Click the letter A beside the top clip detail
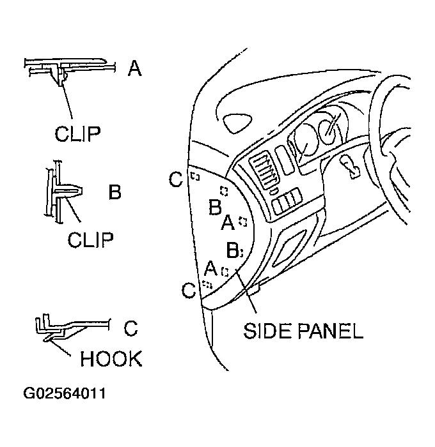point(134,68)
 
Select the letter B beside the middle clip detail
point(115,192)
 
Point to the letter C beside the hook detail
point(130,329)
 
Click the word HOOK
point(111,359)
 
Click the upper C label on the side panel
point(177,180)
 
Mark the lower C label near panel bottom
point(188,291)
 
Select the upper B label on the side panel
point(215,207)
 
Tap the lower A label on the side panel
point(210,268)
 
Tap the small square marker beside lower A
point(224,271)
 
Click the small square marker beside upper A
point(242,221)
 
